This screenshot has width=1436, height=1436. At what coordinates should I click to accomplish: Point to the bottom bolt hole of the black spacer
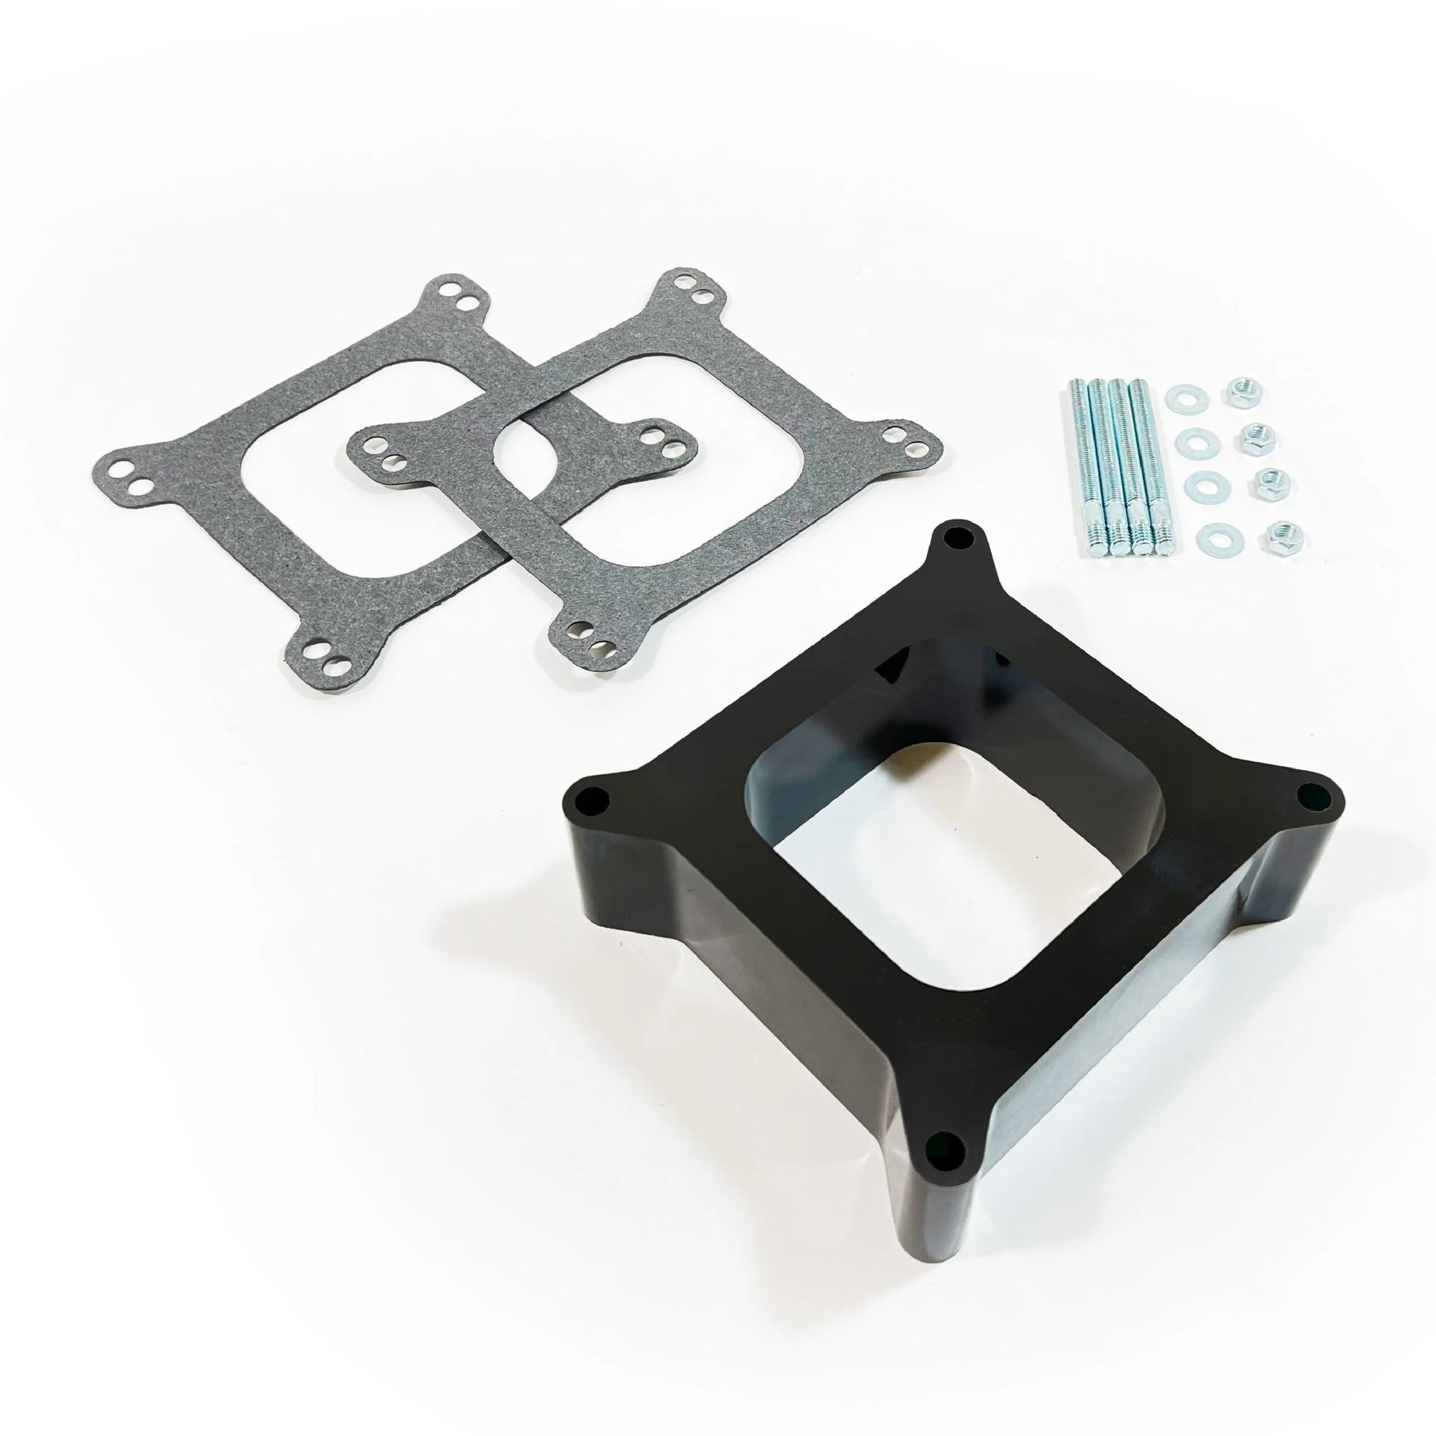941,1164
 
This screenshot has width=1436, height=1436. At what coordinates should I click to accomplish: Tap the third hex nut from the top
1266,480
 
